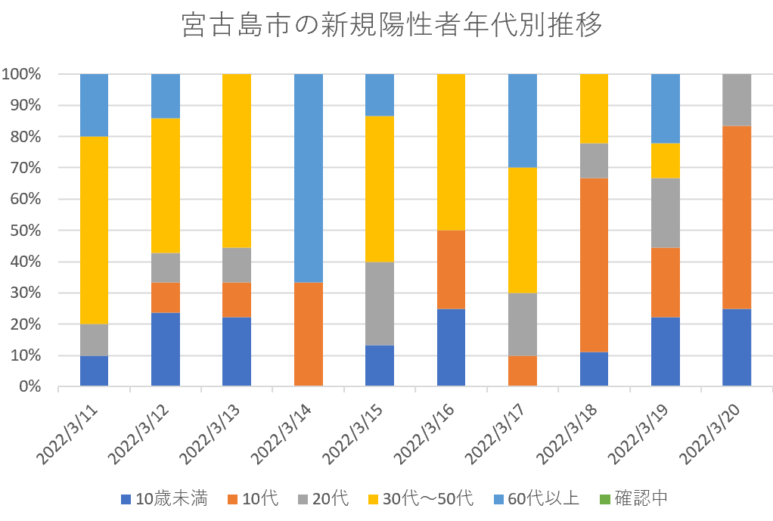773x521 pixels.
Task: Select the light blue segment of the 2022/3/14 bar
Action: [x=309, y=178]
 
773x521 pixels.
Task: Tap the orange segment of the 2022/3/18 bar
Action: [x=594, y=265]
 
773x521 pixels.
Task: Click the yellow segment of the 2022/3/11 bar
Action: [x=94, y=230]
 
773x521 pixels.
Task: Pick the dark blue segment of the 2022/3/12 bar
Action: [x=166, y=349]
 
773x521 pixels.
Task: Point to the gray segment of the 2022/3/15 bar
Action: [x=380, y=303]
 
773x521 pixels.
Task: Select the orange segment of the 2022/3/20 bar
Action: [x=737, y=217]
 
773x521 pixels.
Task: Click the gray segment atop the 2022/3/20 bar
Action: [x=737, y=100]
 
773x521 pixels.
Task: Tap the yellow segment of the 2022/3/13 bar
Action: [x=237, y=161]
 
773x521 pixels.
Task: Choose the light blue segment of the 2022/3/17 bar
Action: [x=523, y=121]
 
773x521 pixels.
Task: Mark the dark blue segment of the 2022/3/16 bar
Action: [x=451, y=347]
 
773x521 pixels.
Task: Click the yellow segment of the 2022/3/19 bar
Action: [x=666, y=160]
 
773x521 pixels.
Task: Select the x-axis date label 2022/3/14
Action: [x=279, y=434]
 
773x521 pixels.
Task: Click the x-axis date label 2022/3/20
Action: [x=708, y=434]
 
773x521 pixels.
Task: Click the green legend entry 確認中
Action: [x=632, y=498]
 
